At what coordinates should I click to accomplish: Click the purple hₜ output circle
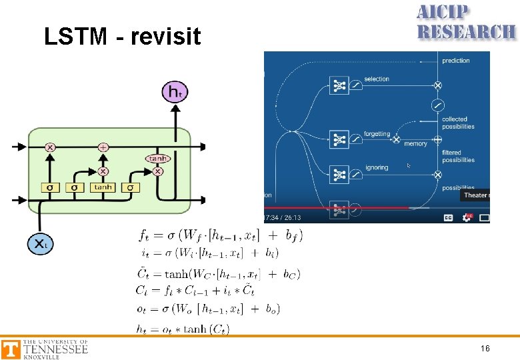pos(175,91)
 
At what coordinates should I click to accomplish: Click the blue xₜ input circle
pos(39,243)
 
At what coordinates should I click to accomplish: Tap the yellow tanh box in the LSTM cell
pos(103,187)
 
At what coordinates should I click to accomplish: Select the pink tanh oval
pos(158,159)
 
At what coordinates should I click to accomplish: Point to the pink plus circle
pos(103,147)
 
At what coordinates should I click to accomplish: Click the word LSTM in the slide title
pos(73,37)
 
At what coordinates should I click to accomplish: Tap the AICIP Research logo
pos(465,23)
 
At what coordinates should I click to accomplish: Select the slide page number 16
pos(485,348)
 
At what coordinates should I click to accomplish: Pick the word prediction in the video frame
pos(456,61)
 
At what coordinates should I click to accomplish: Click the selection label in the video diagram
pos(377,79)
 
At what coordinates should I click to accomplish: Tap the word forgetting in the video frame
pos(377,134)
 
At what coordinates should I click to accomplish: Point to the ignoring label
pos(377,167)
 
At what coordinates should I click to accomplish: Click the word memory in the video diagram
pos(415,144)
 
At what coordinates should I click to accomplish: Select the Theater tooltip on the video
pos(475,195)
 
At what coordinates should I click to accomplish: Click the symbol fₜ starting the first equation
pos(144,235)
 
